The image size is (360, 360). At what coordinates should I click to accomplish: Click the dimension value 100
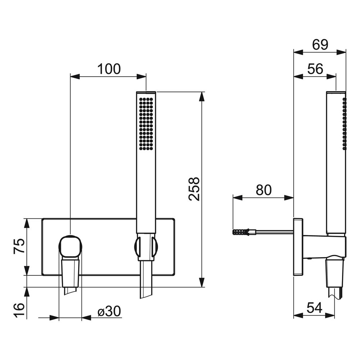109,69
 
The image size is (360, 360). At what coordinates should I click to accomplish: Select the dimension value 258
194,189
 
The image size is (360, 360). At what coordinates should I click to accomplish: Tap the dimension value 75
19,246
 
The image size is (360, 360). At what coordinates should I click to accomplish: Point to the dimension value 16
19,310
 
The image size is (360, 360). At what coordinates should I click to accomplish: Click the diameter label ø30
109,311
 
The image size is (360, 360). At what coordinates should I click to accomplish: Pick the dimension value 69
320,45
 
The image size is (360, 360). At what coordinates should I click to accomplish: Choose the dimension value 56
315,69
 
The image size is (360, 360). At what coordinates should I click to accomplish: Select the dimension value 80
264,190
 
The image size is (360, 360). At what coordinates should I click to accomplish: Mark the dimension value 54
314,308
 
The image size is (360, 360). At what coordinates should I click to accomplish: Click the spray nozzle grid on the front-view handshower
146,124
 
